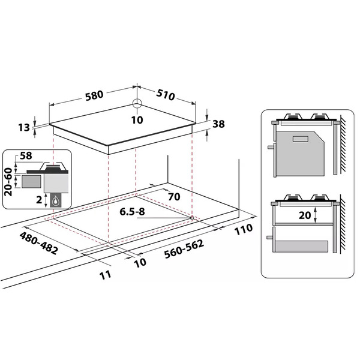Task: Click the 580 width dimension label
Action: pos(94,95)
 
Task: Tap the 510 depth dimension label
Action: pos(166,95)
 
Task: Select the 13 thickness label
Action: pos(24,127)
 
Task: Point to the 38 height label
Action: pos(218,124)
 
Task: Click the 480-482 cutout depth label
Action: pos(38,243)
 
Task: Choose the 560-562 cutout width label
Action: pos(184,248)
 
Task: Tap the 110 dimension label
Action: pos(244,229)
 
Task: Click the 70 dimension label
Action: pos(174,197)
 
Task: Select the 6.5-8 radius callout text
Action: pos(132,211)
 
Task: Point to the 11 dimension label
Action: pos(106,275)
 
